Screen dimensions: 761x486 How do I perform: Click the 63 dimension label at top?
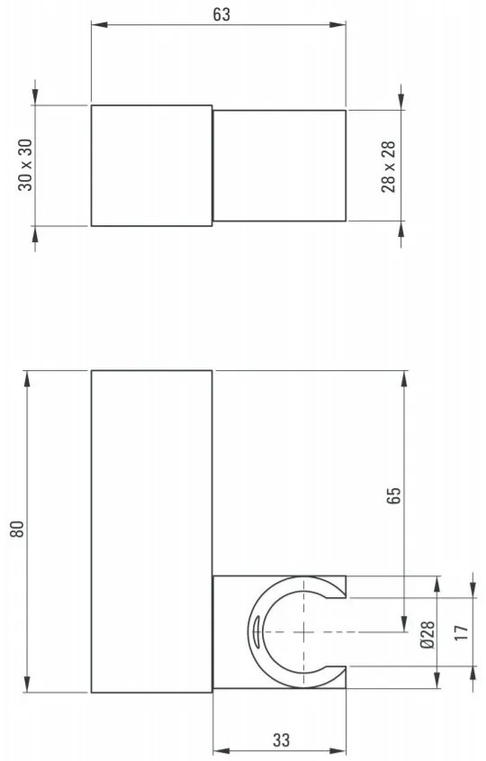[x=219, y=14]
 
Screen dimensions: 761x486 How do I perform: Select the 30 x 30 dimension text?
[x=24, y=166]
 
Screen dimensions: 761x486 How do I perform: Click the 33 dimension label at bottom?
[x=280, y=740]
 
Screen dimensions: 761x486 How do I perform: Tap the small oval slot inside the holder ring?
[x=256, y=631]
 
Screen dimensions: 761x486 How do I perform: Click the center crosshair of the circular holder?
[x=306, y=632]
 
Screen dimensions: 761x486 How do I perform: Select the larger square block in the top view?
[x=151, y=165]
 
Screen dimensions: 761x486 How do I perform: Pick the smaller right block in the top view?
[x=279, y=166]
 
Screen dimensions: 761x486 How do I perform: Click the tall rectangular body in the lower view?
[x=151, y=530]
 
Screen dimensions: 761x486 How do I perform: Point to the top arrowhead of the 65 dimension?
[x=405, y=377]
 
